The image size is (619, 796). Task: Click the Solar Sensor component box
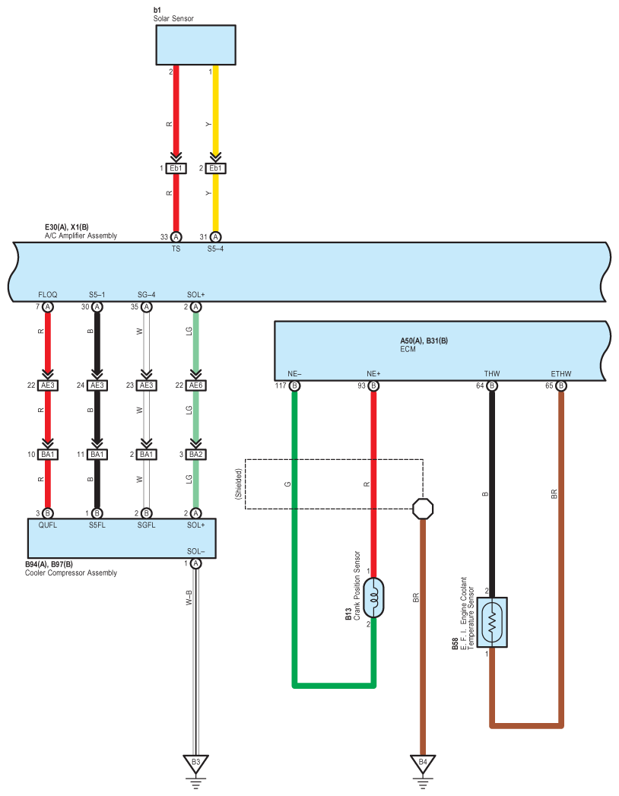pos(195,45)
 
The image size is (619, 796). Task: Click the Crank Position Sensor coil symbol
pos(373,598)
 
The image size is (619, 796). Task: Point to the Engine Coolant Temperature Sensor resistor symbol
pos(491,622)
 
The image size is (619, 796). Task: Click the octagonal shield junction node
pos(423,508)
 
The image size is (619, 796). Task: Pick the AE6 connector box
pos(195,385)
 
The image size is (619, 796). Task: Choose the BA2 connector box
pos(195,455)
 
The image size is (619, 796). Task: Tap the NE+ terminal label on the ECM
pos(373,373)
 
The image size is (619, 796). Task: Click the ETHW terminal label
pos(561,373)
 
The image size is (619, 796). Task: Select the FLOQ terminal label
pos(48,294)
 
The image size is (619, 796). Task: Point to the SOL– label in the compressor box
pos(196,551)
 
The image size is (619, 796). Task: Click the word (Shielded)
pos(239,484)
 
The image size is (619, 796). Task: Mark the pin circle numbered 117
pos(294,385)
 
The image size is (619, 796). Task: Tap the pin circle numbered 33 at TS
pos(176,237)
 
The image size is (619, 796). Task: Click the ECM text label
pos(408,349)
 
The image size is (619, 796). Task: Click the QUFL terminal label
pos(48,525)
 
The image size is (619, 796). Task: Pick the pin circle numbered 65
pos(561,385)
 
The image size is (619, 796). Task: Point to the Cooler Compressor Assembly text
pos(71,572)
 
